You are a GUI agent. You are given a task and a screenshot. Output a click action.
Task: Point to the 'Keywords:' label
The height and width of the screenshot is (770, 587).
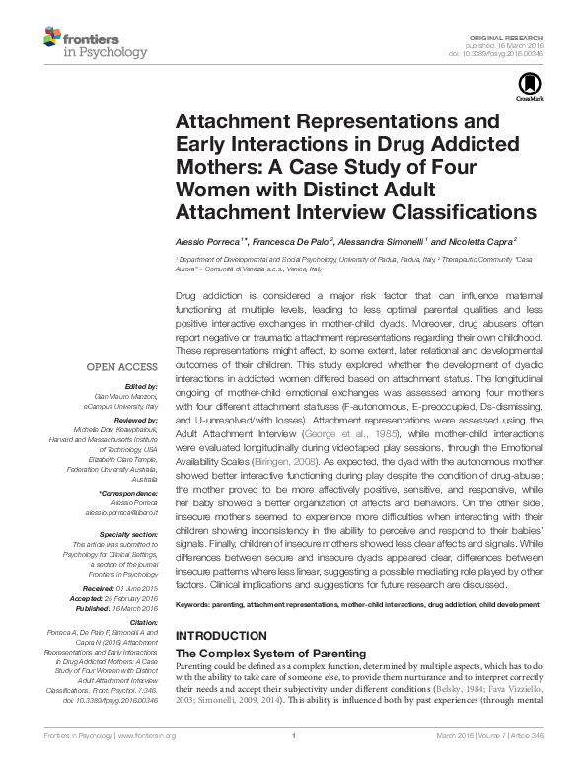pos(195,602)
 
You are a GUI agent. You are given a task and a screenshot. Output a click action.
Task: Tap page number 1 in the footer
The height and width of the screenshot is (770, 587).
pos(294,760)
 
